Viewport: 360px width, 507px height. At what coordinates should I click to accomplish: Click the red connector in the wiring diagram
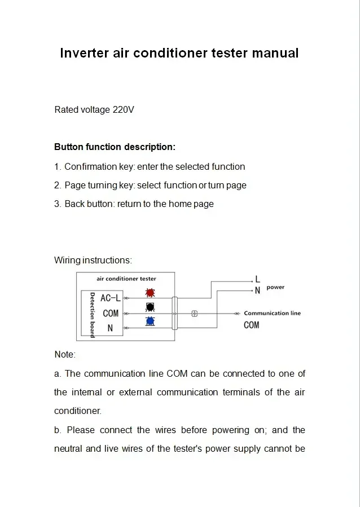[x=150, y=293]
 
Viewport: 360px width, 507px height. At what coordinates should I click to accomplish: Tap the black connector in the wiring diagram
[x=150, y=307]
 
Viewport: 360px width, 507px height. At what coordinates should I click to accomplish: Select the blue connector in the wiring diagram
[x=150, y=321]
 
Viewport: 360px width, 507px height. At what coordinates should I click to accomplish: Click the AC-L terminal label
[x=111, y=298]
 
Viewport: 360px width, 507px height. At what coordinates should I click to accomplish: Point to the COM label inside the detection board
[x=111, y=313]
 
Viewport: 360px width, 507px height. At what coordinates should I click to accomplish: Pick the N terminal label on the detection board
[x=111, y=327]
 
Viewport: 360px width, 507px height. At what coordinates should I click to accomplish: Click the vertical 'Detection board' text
[x=92, y=315]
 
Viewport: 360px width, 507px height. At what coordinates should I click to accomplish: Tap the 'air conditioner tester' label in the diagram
[x=126, y=279]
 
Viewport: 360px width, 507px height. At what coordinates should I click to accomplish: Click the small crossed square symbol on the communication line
[x=195, y=314]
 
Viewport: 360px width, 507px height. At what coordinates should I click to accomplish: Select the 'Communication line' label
[x=272, y=313]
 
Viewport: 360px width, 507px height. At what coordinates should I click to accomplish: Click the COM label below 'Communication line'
[x=252, y=325]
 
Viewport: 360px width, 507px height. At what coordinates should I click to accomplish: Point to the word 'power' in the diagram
[x=275, y=288]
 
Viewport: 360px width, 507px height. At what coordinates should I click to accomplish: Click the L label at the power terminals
[x=258, y=279]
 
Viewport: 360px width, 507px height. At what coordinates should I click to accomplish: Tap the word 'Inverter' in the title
[x=84, y=53]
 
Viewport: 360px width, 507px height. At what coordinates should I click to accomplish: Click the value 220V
[x=124, y=109]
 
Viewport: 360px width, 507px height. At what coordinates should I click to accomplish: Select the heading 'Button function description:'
[x=115, y=147]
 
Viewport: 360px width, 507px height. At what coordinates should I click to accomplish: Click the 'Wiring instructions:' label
[x=93, y=261]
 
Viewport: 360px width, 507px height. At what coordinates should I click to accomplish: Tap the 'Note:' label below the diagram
[x=65, y=355]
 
